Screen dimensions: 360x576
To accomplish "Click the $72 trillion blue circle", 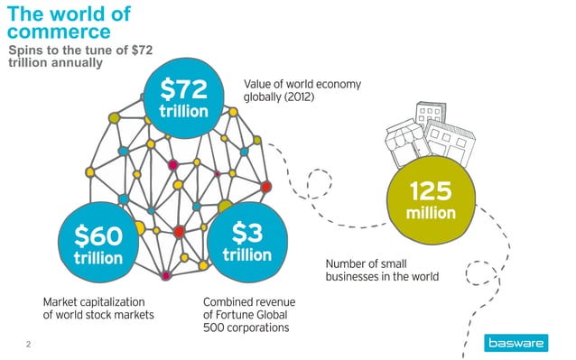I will coord(184,100).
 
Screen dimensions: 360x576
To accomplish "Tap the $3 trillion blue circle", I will coord(246,243).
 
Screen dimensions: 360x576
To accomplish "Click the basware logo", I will coord(518,343).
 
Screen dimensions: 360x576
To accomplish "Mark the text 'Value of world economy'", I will coord(302,84).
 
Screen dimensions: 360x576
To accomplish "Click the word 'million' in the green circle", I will coord(430,215).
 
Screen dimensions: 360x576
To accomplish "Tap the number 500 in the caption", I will coord(215,328).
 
